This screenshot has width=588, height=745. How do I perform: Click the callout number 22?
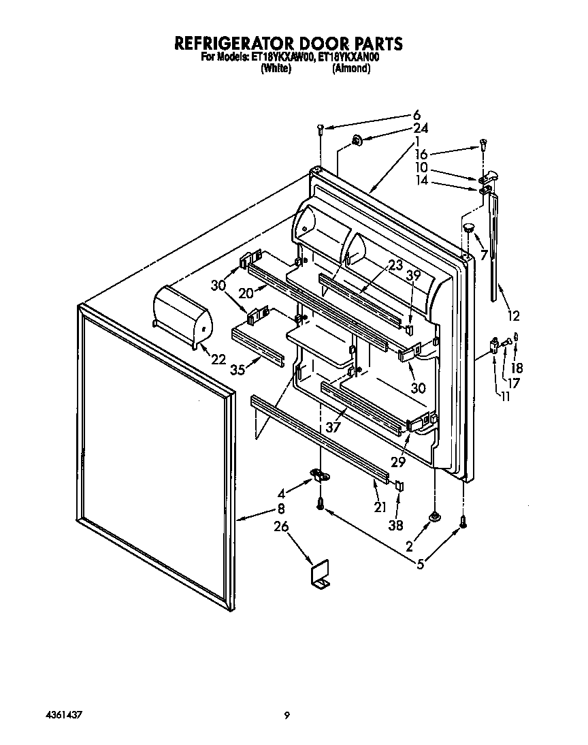218,359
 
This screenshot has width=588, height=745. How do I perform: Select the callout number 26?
280,526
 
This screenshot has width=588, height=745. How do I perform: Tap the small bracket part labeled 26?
320,573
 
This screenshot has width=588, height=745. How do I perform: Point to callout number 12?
512,315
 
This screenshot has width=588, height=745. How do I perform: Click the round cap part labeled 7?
467,226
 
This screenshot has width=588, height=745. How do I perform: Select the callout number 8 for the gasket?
280,509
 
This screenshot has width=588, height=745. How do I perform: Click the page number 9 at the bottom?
287,715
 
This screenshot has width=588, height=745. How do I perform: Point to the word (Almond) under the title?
351,69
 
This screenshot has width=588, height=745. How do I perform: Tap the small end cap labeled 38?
399,486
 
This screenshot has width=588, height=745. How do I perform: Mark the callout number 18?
517,368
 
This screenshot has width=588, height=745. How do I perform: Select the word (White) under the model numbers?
276,69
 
